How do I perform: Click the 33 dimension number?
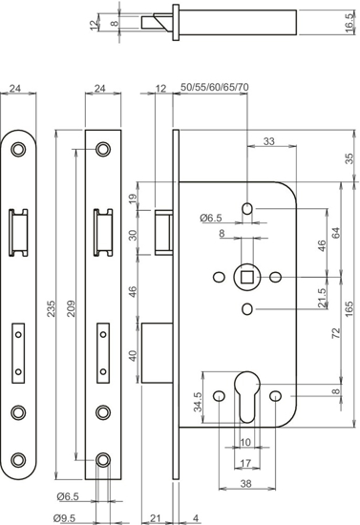267,141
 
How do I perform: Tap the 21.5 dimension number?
323,297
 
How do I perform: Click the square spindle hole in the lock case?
247,277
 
